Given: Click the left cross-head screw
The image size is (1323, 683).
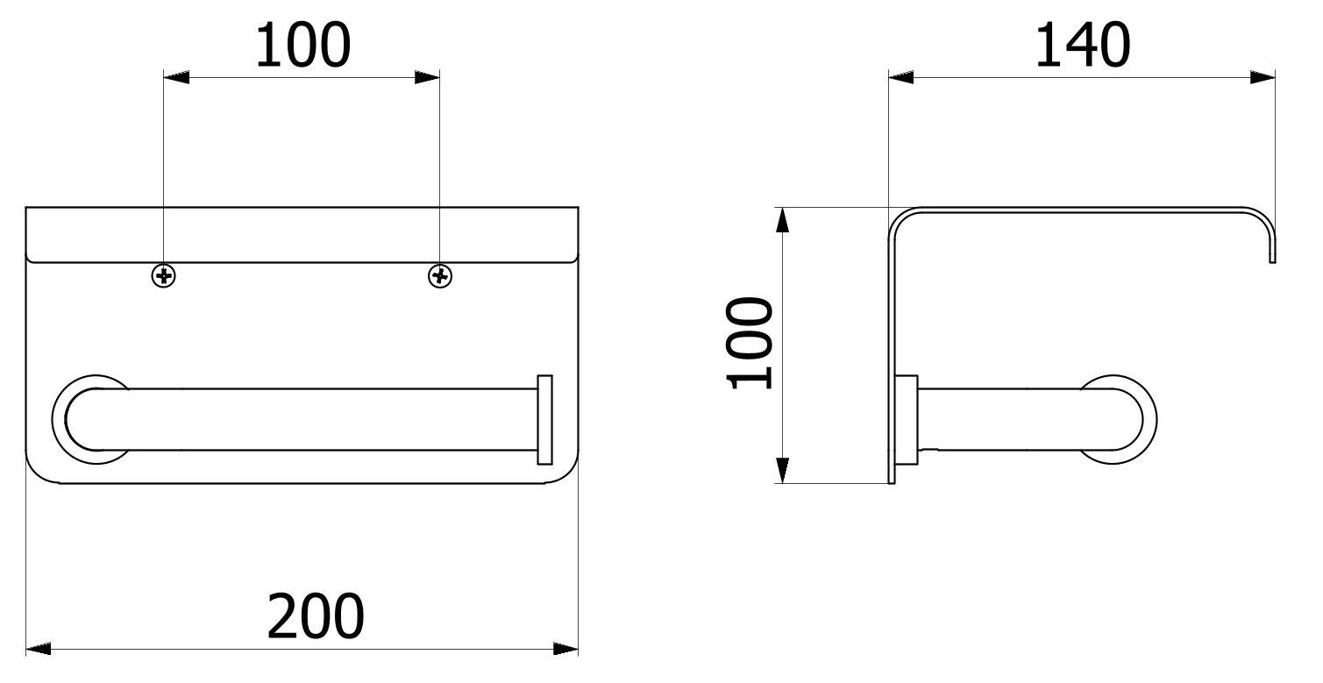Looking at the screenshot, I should point(164,276).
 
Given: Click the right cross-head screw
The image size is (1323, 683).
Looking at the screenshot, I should point(440,276).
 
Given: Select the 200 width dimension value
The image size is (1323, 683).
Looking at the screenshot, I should point(315,616).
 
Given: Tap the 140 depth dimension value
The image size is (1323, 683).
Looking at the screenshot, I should point(1082,46).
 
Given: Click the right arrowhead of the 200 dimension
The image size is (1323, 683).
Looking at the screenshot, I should point(567,649).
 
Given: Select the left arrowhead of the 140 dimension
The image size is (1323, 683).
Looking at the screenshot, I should point(901,78).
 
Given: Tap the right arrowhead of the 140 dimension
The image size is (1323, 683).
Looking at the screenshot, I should point(1263,78).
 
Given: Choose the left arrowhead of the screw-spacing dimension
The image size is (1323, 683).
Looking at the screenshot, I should point(176,78).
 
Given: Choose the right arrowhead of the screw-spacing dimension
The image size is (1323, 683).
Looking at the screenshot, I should point(428,78).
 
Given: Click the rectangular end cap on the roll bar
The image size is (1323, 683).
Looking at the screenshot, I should point(544,419).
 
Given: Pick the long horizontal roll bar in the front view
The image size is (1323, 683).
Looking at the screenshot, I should point(324,419).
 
